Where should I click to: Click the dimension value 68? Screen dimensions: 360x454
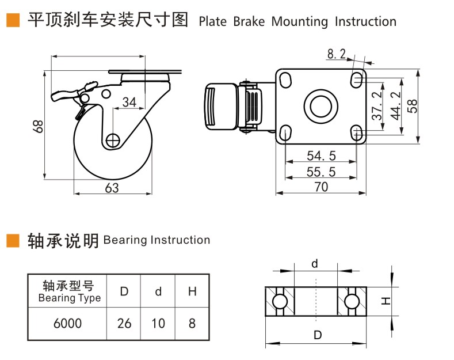coord(38,126)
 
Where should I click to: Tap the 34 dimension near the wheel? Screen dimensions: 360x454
coord(129,102)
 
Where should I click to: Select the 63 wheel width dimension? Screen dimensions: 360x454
coord(112,188)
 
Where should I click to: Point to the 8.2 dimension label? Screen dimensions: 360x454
coord(336,54)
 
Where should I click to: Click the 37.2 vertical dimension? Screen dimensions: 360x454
coord(377,106)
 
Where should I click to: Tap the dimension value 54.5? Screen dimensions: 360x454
coord(322,156)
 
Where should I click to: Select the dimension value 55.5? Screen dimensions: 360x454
coord(322,172)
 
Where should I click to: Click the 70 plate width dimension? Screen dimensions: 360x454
coord(322,187)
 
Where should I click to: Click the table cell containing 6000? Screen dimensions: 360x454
coord(67,323)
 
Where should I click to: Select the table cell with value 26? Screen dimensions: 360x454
coord(124,323)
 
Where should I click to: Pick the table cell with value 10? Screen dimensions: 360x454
coord(158,323)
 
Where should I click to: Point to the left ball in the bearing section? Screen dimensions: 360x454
coord(280,302)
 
